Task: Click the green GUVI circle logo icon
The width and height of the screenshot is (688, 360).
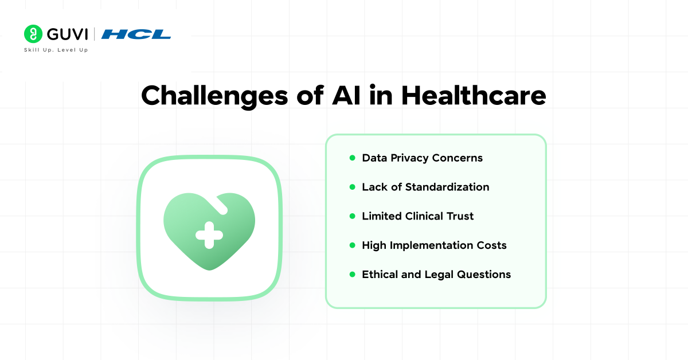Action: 33,34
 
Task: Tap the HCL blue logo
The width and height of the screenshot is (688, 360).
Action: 136,34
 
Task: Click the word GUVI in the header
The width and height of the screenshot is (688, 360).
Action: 67,34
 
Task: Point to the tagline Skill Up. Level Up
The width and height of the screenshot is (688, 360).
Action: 56,50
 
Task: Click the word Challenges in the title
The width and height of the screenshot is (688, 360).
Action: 214,96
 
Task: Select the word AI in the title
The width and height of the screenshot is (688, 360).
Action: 346,96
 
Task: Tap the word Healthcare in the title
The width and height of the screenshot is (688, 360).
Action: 474,96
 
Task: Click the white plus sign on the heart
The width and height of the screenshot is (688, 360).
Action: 209,235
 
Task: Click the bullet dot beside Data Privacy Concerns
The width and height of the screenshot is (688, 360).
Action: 352,158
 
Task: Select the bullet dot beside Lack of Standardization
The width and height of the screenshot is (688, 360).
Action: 352,187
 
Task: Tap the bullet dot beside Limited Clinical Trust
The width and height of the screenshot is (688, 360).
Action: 352,216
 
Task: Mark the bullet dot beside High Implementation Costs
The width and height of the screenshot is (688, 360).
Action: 352,245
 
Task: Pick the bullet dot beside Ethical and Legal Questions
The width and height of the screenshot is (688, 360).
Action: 352,275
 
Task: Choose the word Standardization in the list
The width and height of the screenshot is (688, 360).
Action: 447,187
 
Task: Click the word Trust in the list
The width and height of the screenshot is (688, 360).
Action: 460,216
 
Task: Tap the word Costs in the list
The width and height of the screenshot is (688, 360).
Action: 491,245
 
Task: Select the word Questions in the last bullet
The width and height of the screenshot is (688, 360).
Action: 484,275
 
